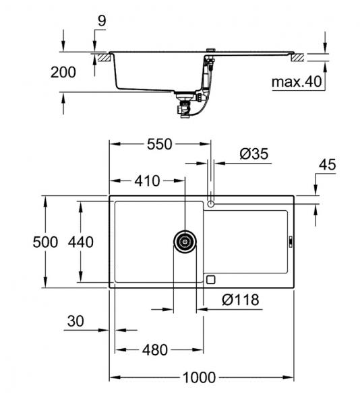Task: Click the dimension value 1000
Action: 200,377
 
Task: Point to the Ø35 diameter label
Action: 253,154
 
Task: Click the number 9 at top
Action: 101,21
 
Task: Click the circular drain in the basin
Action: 184,242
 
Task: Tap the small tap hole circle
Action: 210,203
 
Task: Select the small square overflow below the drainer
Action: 210,279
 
